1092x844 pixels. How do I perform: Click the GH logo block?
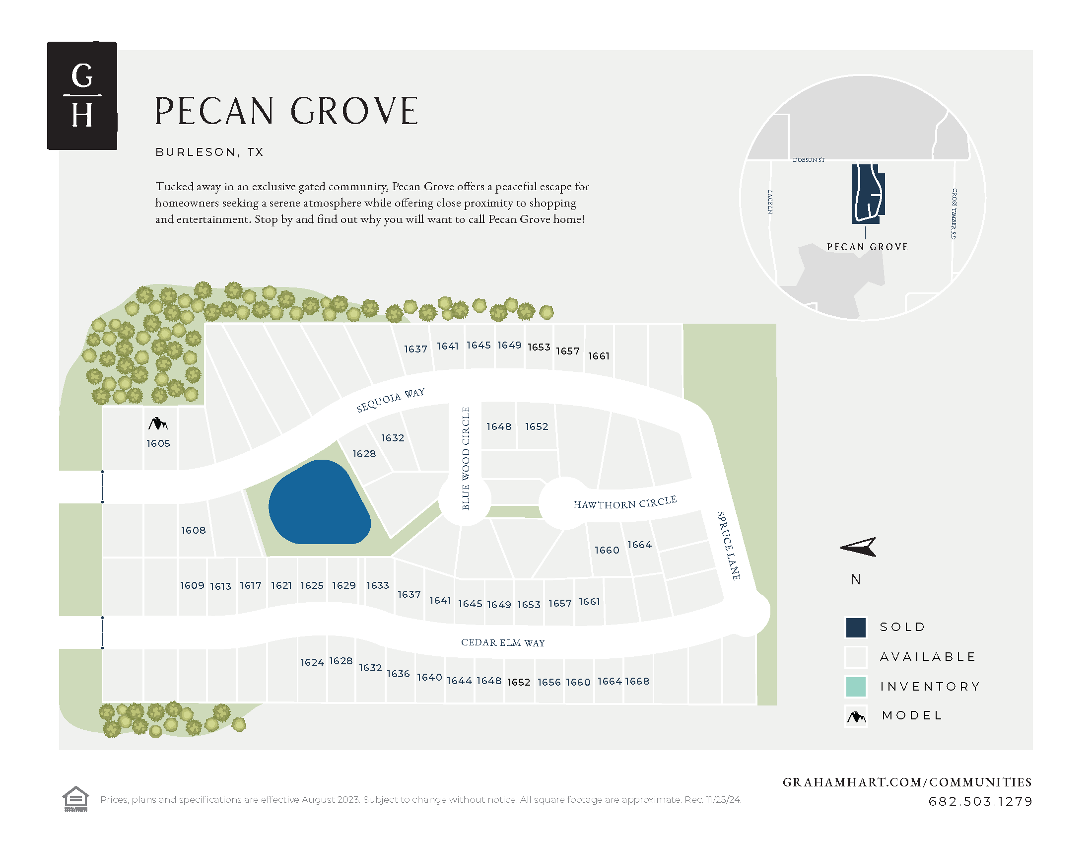82,95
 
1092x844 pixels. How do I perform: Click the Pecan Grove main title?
286,111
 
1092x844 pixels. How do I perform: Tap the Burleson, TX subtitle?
209,152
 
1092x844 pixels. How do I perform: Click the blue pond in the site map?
319,503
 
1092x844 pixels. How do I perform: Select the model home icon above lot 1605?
158,424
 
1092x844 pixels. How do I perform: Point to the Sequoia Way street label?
391,400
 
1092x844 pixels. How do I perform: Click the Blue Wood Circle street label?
466,459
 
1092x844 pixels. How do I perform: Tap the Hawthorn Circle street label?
624,503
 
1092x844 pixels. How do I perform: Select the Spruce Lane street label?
729,546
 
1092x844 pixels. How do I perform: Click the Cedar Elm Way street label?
502,642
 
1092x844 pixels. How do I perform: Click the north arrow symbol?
858,547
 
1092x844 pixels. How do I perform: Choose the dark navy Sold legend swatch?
856,628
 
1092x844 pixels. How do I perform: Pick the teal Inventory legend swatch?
856,687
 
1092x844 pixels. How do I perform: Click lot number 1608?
194,530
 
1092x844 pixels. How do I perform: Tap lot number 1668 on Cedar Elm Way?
637,681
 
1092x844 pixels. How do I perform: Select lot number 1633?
378,585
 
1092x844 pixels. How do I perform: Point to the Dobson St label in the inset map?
809,160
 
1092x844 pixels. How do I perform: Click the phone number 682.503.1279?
980,801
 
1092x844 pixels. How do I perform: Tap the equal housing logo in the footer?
75,798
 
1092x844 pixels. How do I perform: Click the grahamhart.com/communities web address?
907,782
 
